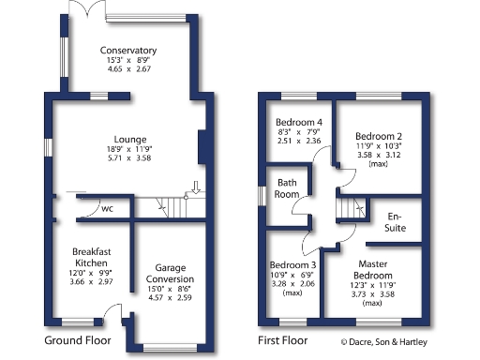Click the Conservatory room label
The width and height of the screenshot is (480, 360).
point(131,50)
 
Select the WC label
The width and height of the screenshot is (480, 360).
point(108,208)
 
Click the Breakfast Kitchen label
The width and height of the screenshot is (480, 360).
point(92,256)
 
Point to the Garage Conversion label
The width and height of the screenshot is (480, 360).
point(171,274)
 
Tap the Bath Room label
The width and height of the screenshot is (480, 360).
point(287,188)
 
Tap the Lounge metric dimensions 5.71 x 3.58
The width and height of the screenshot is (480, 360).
point(131,158)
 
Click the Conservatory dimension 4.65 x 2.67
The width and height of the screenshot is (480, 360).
point(131,68)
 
